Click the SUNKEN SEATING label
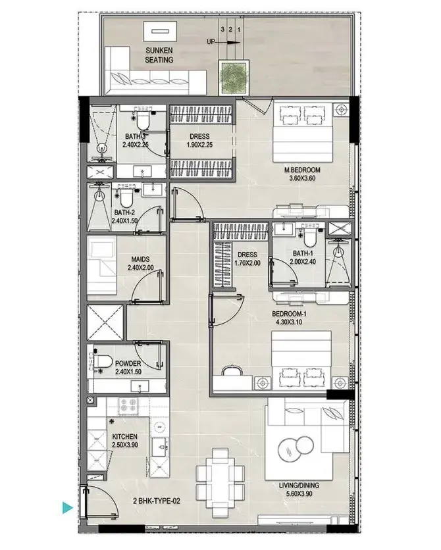tap(159, 55)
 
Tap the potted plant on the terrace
tap(234, 77)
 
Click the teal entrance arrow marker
tap(68, 507)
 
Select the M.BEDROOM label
tap(302, 170)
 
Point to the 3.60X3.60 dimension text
tap(302, 178)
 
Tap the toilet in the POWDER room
tap(102, 361)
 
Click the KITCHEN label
tap(124, 436)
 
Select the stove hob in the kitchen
tap(128, 405)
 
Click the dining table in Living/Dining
tap(220, 483)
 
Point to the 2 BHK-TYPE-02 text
tap(157, 501)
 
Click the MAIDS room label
tap(140, 259)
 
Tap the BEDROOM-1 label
tap(287, 314)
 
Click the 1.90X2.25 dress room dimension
tap(199, 145)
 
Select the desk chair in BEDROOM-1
tap(232, 371)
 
